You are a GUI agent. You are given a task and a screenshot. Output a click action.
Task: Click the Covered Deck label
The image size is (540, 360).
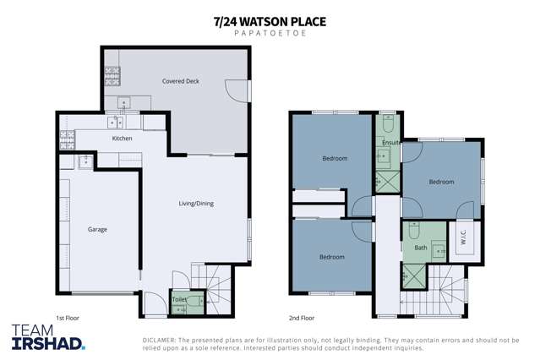[x=180, y=81]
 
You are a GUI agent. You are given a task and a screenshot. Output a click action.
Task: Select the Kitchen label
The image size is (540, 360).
[x=123, y=138]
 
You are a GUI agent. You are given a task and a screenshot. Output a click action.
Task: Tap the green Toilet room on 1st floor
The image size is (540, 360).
[x=179, y=299]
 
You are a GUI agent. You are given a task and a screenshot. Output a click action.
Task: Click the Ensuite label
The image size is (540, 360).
[x=390, y=143]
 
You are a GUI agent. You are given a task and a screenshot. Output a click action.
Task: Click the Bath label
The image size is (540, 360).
[x=420, y=248]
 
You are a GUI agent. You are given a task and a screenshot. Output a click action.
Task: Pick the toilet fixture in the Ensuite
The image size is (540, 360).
[x=387, y=123]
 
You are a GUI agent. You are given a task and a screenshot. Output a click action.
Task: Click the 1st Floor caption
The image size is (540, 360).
[x=67, y=318]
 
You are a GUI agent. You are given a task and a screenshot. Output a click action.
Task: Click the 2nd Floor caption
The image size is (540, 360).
[x=301, y=318]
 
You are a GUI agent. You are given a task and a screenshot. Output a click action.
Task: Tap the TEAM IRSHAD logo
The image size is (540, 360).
[x=48, y=336]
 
